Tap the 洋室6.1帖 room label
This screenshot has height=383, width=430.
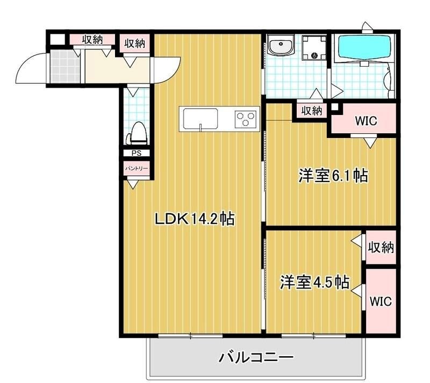[333, 176]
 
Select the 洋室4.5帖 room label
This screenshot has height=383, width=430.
[315, 281]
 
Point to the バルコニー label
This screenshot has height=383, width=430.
[256, 357]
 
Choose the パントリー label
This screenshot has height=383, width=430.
[135, 168]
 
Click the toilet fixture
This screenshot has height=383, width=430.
[137, 132]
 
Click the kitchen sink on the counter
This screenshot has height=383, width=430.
[200, 119]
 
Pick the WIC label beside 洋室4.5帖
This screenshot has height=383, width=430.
[381, 300]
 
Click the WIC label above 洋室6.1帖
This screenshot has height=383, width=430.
[366, 120]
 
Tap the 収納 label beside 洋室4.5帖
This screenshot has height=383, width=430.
[381, 248]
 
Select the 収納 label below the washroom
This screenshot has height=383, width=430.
[311, 111]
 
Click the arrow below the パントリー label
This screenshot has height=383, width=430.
[133, 184]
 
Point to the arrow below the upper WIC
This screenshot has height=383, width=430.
[370, 143]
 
